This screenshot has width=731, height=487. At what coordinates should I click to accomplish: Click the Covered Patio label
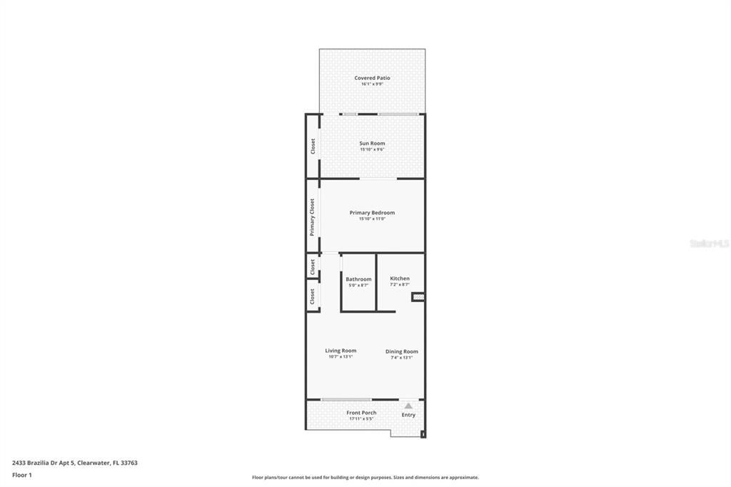click(x=372, y=78)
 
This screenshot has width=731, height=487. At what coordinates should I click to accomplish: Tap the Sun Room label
click(x=372, y=144)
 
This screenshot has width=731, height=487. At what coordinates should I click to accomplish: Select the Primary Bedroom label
click(x=372, y=213)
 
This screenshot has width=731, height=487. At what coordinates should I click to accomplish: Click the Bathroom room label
click(x=358, y=279)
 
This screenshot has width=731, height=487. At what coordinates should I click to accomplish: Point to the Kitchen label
click(x=400, y=278)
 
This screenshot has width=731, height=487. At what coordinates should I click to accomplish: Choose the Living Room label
click(x=341, y=351)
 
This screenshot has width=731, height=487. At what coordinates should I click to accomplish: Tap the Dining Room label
click(x=401, y=351)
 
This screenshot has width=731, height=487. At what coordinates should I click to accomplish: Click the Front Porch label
click(x=361, y=413)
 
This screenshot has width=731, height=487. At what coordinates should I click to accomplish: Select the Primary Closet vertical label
click(x=313, y=217)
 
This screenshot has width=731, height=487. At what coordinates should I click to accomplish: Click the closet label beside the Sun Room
click(x=313, y=146)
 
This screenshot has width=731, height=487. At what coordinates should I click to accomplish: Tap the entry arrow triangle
click(x=408, y=405)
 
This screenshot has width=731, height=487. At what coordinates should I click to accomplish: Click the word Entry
click(x=408, y=415)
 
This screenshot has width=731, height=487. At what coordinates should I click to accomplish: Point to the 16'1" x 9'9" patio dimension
click(x=372, y=84)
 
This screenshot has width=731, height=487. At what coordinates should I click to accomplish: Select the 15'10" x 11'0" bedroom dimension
click(x=372, y=219)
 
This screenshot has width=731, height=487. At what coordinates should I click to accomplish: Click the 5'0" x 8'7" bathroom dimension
click(x=358, y=286)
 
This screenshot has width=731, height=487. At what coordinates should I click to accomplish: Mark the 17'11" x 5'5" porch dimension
click(x=361, y=419)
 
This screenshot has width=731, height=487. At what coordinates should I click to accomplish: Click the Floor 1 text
click(x=23, y=474)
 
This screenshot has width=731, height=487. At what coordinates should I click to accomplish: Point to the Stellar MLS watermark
click(x=709, y=243)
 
